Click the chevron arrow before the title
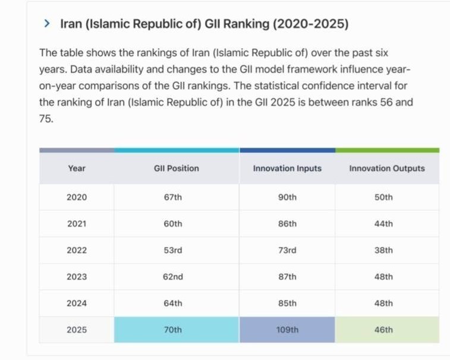tap(47, 24)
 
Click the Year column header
tap(77, 168)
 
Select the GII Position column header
tap(176, 168)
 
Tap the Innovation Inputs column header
tap(287, 168)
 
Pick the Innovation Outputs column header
tap(387, 168)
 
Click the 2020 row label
tap(77, 197)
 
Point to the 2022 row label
tap(77, 250)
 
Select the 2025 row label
tap(77, 330)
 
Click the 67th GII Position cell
tap(172, 197)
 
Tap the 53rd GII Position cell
tap(172, 250)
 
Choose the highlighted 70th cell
tap(172, 330)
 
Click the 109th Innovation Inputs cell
tap(287, 330)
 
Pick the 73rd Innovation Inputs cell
tap(287, 250)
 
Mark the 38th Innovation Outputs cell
tap(384, 250)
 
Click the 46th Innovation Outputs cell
tap(384, 330)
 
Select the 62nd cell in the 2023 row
tap(172, 277)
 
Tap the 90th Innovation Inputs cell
tap(287, 197)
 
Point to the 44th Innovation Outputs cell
tap(384, 224)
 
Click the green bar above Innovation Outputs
tap(387, 151)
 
